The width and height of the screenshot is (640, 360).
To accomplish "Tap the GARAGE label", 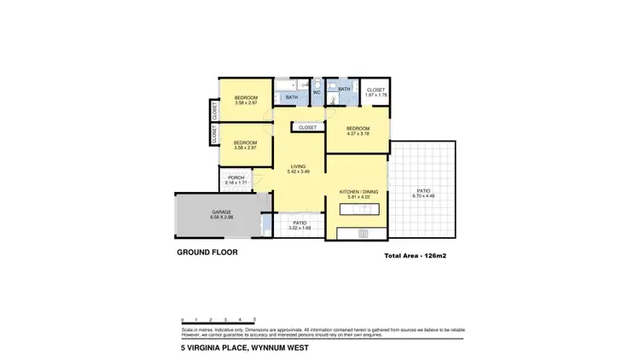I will click(222, 212).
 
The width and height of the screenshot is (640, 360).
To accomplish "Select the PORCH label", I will click(236, 177).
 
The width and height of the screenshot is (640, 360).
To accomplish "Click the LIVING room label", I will click(298, 166).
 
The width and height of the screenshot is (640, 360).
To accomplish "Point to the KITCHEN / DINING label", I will click(358, 192).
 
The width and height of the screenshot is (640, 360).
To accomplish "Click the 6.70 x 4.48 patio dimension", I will click(423, 196).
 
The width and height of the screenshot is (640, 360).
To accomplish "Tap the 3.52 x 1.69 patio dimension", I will click(300, 228).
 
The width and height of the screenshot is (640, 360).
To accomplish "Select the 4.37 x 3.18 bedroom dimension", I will click(358, 134).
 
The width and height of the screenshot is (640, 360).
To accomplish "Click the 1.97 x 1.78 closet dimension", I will click(376, 95).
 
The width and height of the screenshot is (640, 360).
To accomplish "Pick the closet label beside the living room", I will click(307, 127).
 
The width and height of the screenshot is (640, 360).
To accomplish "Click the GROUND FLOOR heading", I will click(207, 253).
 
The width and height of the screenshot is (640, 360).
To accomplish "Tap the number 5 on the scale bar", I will click(254, 318).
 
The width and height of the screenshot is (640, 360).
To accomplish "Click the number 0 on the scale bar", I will click(182, 318).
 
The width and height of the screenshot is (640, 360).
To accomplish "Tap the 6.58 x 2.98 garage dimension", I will click(222, 218).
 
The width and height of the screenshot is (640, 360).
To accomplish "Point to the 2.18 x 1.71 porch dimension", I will click(236, 183).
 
